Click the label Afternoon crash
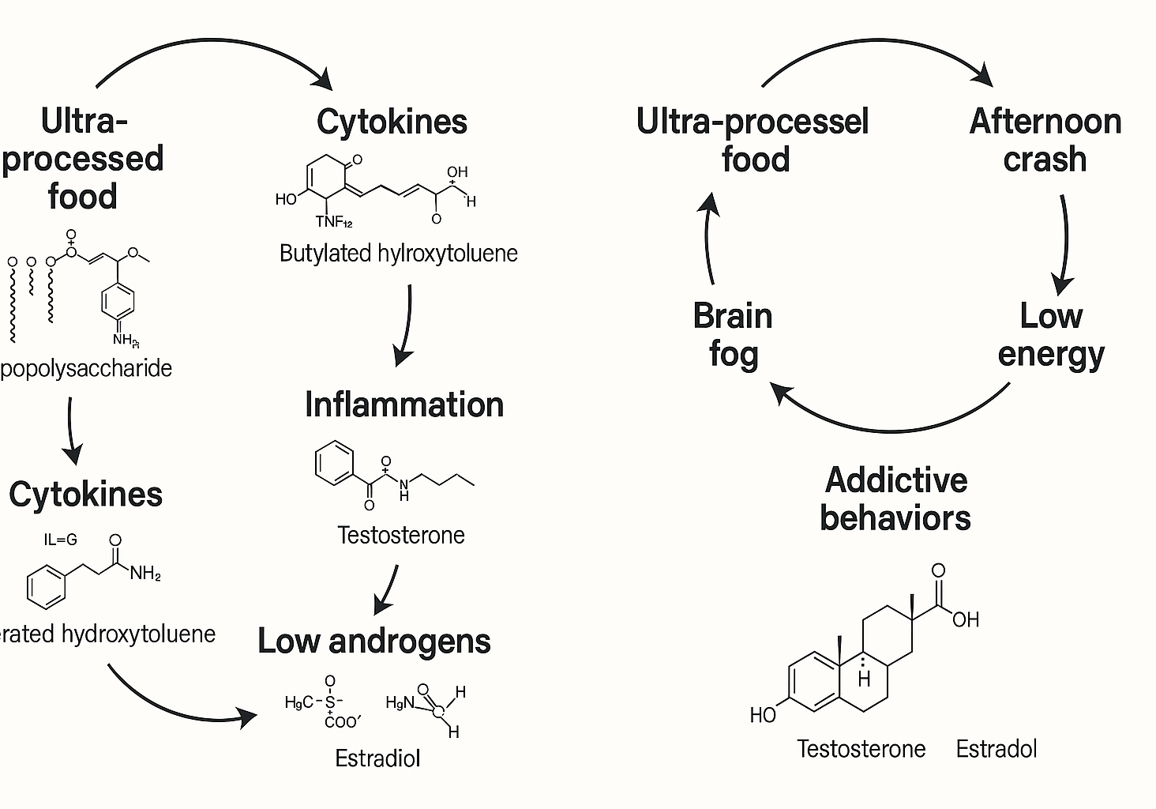(1045, 141)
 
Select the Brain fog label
(733, 335)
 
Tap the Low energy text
(1051, 335)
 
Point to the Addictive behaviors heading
(895, 499)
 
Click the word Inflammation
(404, 404)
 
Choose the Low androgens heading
(374, 641)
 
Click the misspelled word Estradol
(996, 749)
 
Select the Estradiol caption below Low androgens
(377, 758)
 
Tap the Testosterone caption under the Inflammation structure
(400, 535)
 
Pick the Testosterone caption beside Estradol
(861, 749)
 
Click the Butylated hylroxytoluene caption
(399, 254)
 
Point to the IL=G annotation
(61, 540)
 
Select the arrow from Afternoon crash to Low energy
(1065, 245)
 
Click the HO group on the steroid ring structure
(763, 715)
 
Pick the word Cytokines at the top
(392, 122)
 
